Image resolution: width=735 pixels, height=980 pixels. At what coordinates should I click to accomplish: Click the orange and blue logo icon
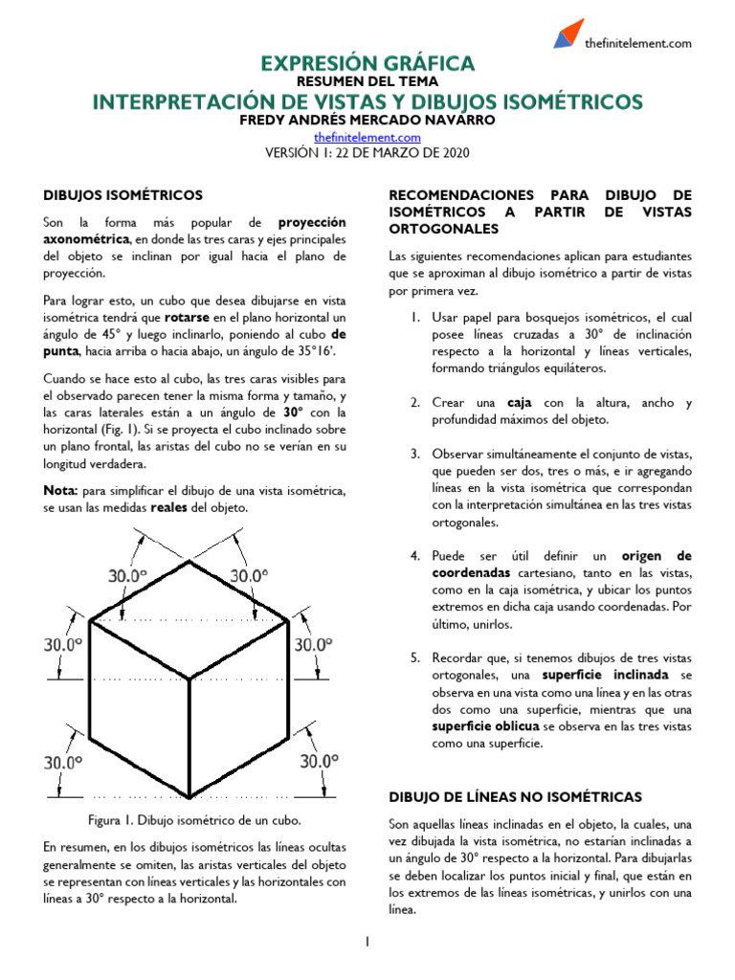point(568,33)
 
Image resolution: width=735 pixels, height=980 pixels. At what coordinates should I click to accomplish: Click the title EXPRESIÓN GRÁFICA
point(367,64)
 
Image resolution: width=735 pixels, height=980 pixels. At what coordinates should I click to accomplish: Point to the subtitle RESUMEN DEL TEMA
point(367,83)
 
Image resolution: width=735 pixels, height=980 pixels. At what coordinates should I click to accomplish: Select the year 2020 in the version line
point(453,153)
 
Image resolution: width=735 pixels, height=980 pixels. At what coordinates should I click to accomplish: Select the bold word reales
point(169,507)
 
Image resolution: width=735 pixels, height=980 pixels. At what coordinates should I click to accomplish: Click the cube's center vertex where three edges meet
point(190,679)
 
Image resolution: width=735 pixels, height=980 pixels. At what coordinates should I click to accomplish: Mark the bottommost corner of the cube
point(190,797)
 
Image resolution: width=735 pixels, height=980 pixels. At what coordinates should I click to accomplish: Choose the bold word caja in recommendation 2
point(520,402)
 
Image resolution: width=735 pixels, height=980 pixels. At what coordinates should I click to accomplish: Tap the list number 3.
point(414,454)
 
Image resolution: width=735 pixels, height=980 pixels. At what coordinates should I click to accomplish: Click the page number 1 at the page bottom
point(367,943)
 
